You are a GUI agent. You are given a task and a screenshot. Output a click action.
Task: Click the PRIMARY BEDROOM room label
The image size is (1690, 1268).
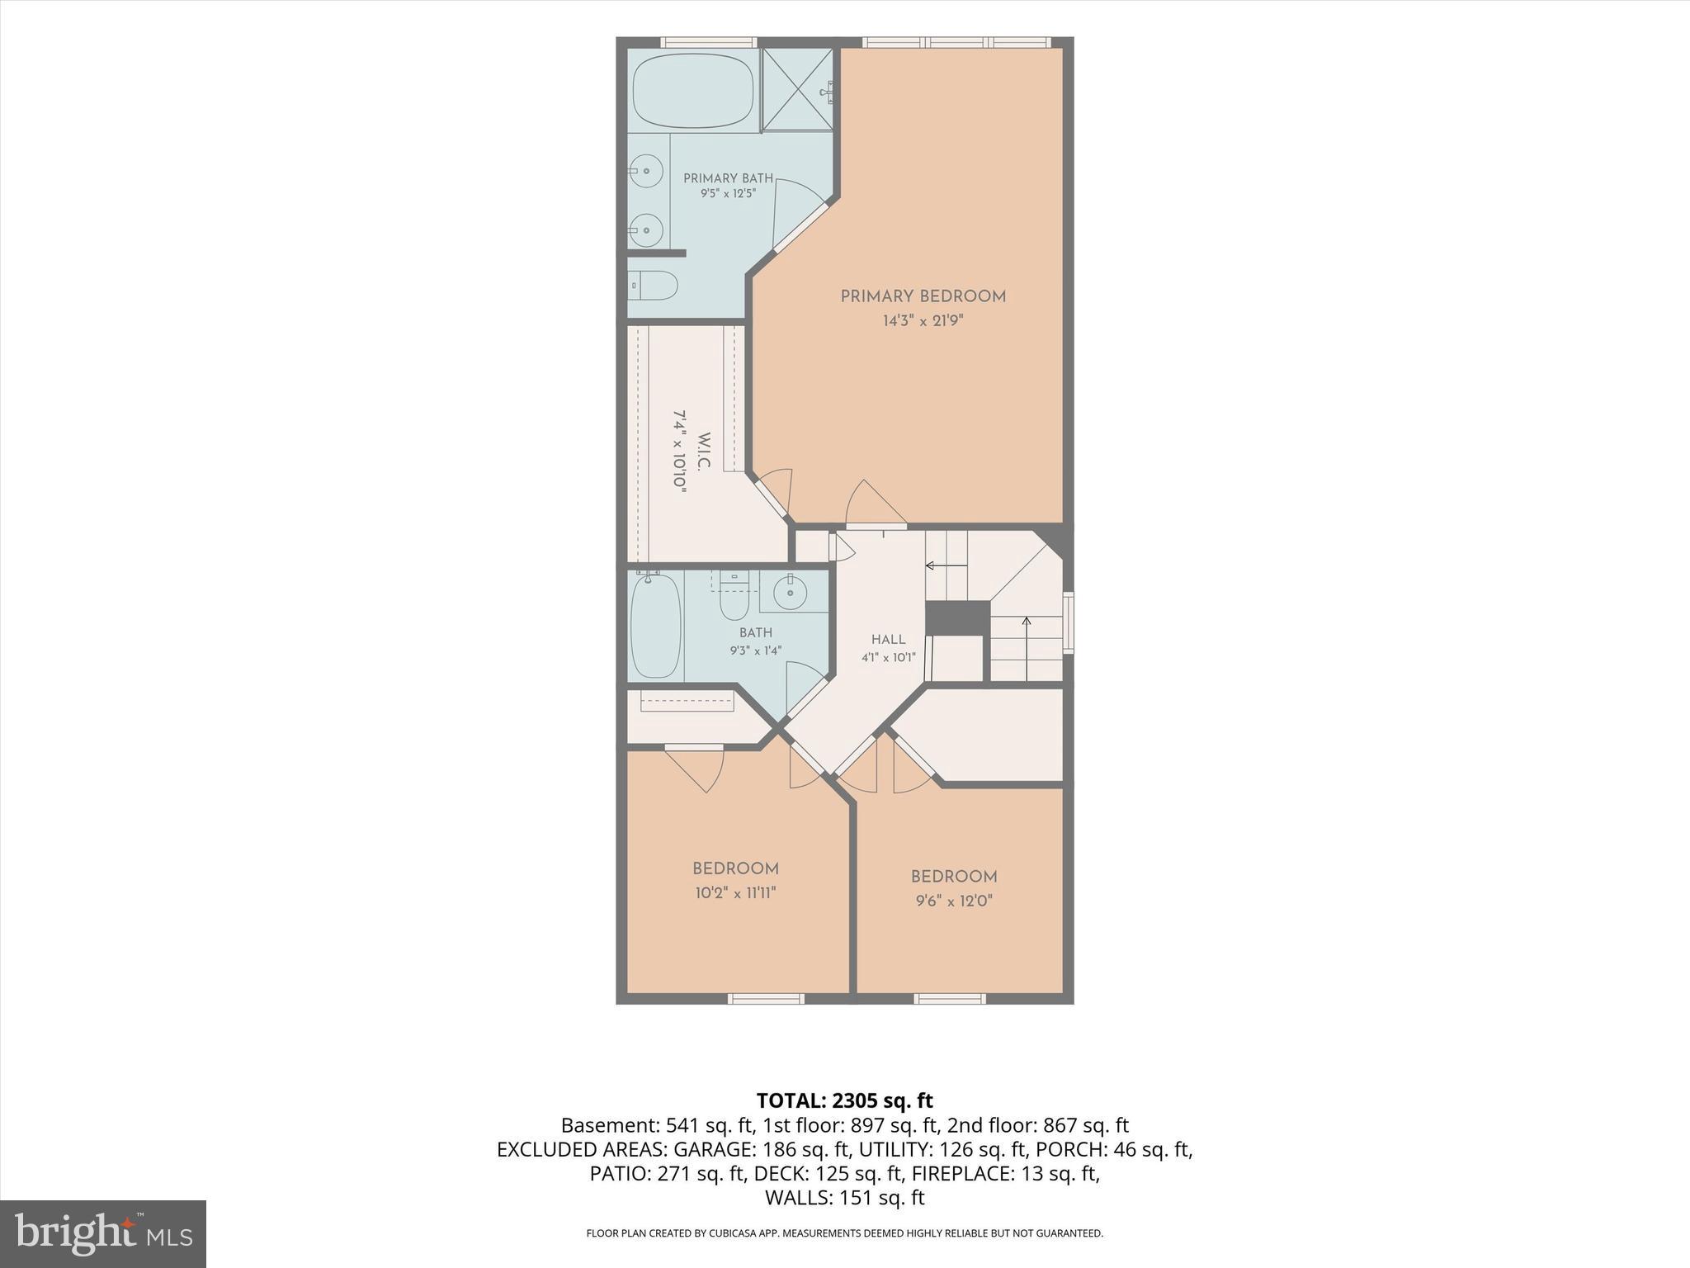pos(923,296)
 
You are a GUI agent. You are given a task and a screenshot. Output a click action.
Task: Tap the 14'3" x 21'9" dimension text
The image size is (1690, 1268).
pos(923,321)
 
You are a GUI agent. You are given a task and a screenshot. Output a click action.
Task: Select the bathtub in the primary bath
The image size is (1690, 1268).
pos(693,91)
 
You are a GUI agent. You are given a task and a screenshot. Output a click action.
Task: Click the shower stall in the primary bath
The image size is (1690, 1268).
pos(796,89)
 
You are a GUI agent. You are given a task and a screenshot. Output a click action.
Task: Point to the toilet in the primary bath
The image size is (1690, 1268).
pos(652,286)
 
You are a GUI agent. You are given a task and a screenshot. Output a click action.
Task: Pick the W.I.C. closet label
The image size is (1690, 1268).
pos(703,451)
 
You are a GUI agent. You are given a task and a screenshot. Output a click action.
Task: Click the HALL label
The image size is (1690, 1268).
pos(888,640)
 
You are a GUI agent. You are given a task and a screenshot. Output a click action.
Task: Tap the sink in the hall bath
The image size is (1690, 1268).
pos(791,590)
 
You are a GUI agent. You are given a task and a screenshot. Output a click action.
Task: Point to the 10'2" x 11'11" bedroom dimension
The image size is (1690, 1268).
pos(735,892)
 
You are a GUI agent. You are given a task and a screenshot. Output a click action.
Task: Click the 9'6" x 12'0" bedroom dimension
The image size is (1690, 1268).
pos(954,901)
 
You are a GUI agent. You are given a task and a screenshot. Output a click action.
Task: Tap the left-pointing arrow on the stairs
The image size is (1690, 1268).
pos(946,566)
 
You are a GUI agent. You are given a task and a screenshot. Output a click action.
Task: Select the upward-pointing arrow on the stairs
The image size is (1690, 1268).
pos(1027,649)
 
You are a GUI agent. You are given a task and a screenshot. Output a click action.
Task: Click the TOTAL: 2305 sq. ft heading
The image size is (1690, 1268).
pos(844,1100)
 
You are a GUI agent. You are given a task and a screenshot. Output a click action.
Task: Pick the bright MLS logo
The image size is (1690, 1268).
pos(103,1234)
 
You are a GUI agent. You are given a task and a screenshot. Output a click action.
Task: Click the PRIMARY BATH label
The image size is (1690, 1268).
pos(728,178)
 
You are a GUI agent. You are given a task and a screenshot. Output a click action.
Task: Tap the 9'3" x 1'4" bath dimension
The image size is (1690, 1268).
pos(755,651)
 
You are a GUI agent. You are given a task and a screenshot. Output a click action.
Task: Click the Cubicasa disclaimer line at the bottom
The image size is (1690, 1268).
pos(844,1233)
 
